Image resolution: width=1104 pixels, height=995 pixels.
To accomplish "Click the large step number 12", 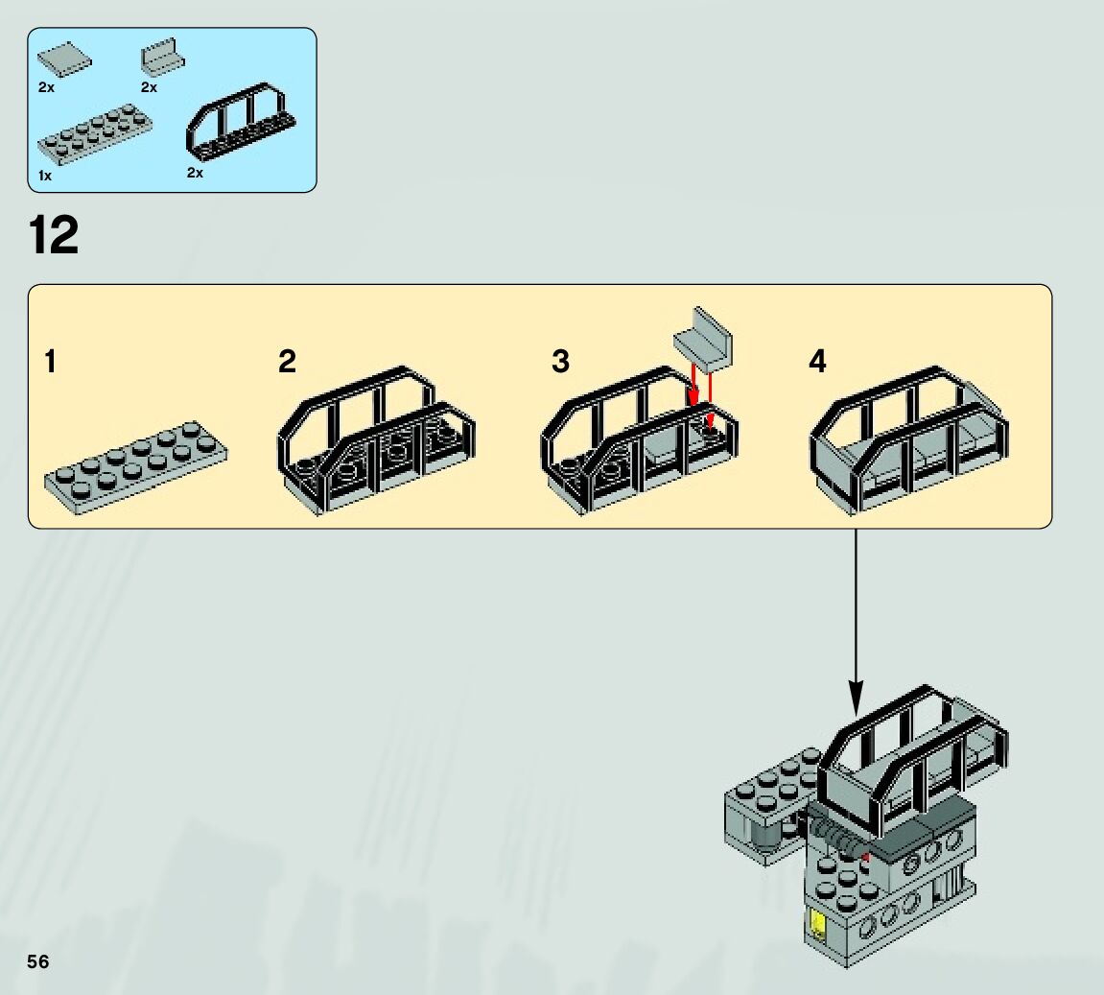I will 54,236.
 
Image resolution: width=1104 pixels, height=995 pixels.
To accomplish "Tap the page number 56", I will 38,961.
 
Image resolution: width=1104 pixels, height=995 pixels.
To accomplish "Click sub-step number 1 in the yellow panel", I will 50,363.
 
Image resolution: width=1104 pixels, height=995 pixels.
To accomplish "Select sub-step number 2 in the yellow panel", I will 287,363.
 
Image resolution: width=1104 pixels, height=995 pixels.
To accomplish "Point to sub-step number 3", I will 560,363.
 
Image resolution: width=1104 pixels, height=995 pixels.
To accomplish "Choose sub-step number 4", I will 817,363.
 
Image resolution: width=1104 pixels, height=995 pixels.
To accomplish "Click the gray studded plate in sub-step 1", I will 135,466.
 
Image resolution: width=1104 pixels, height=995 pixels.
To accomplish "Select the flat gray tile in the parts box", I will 63,60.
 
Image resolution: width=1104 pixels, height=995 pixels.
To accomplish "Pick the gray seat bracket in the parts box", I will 162,57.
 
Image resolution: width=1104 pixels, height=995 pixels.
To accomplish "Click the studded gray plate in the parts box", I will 97,134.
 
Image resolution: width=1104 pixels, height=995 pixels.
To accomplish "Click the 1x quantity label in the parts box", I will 45,177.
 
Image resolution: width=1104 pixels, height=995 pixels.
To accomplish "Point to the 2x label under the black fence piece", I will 195,173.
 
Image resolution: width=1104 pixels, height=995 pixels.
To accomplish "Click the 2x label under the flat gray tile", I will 46,87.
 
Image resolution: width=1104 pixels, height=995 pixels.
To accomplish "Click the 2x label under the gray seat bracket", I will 149,87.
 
